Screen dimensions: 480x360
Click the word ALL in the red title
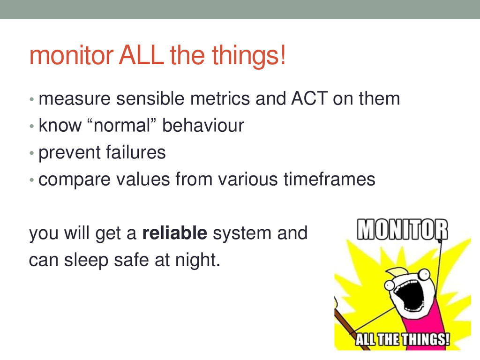(142, 55)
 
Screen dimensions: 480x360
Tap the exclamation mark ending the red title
(283, 55)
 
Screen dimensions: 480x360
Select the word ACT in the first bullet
(309, 98)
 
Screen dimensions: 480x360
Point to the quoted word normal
(122, 126)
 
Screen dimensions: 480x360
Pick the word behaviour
(203, 126)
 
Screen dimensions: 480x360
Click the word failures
(136, 152)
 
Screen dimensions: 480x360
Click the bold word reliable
(175, 233)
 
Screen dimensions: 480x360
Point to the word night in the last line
(197, 260)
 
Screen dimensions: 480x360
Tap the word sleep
(86, 261)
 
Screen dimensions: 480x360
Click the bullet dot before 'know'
(31, 126)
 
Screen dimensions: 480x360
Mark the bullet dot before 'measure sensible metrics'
(31, 99)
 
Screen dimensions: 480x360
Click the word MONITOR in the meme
(402, 229)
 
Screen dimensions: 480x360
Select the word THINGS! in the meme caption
(426, 339)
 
